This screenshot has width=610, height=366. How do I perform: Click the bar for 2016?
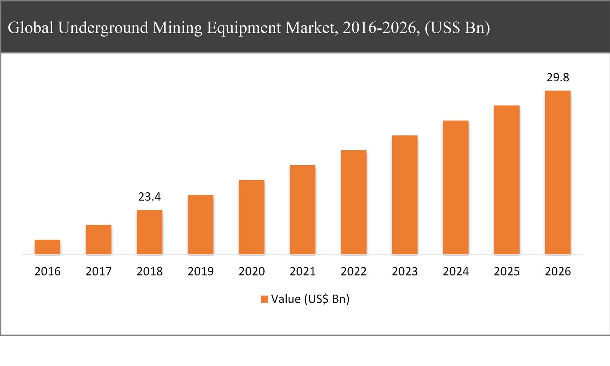point(47,247)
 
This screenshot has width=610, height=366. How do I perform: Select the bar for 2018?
point(149,232)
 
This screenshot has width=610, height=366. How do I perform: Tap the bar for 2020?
point(252,217)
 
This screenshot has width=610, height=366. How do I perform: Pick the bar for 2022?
point(353,202)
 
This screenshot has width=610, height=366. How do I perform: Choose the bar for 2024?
point(456,187)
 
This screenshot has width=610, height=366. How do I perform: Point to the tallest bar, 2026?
point(558,173)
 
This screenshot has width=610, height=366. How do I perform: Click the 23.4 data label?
point(149,197)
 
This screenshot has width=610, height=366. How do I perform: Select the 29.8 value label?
point(558,77)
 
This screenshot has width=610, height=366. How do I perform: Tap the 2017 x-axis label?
point(98,271)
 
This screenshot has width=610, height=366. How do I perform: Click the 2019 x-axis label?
point(201,271)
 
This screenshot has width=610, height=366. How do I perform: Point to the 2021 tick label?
point(303,271)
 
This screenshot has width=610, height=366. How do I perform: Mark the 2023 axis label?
point(405,271)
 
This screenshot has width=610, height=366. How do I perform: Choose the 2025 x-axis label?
point(507,271)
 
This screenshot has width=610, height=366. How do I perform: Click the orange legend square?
point(264,299)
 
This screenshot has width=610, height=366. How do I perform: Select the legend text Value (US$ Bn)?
point(310,299)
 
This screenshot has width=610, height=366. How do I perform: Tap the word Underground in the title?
point(103,28)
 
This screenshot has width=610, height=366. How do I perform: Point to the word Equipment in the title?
point(244,28)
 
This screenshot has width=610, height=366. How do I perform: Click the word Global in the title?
point(30,28)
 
